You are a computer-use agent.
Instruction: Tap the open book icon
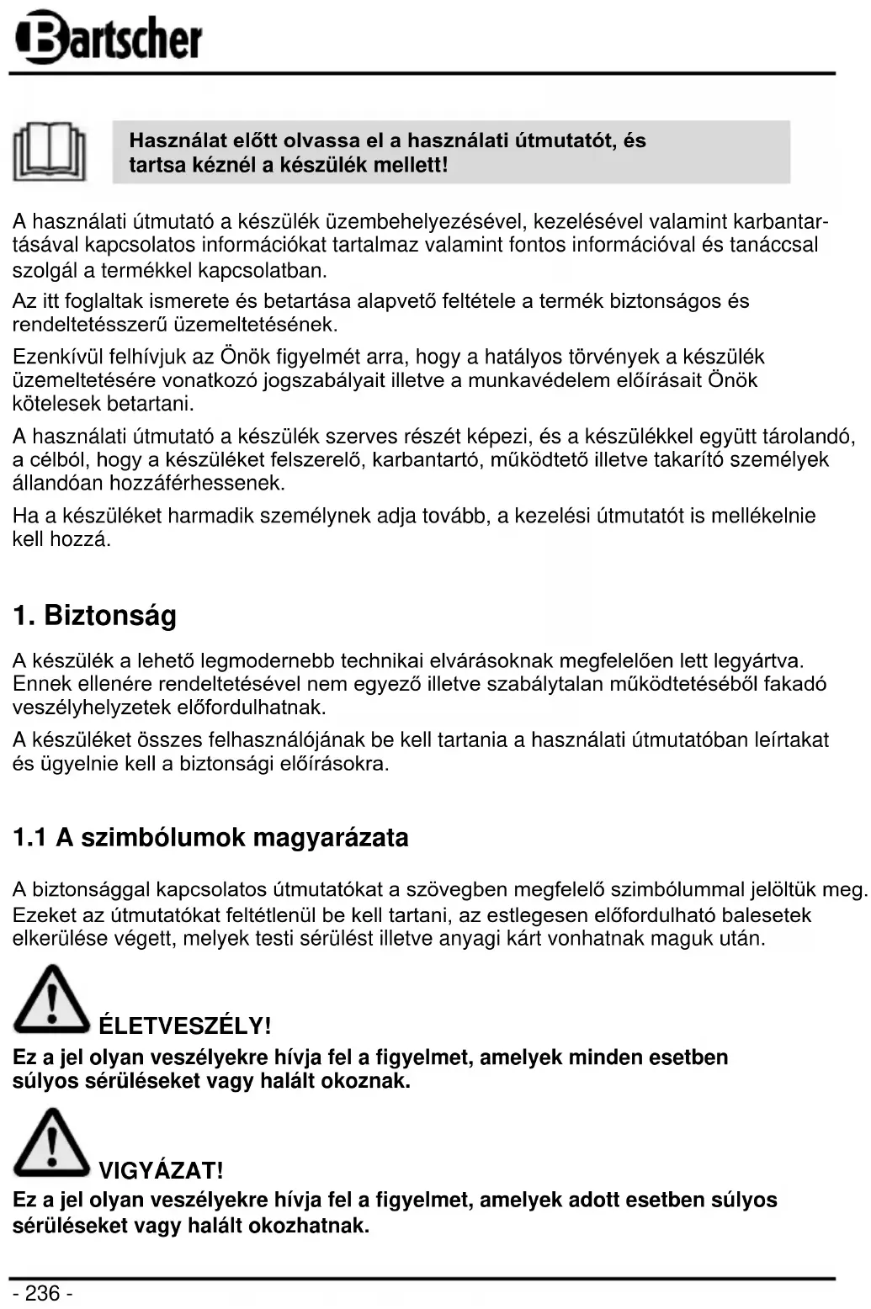click(50, 152)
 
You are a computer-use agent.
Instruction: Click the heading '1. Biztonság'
click(95, 616)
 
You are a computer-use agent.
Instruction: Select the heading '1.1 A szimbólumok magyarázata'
click(210, 838)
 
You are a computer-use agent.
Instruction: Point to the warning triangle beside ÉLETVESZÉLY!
click(51, 1000)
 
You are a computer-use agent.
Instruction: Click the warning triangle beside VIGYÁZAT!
click(51, 1143)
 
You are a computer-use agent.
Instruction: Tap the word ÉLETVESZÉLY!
click(185, 1026)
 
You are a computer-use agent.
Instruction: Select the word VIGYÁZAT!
click(161, 1170)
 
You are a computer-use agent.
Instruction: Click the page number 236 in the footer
click(42, 1293)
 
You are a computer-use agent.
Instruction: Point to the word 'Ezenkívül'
click(53, 357)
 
